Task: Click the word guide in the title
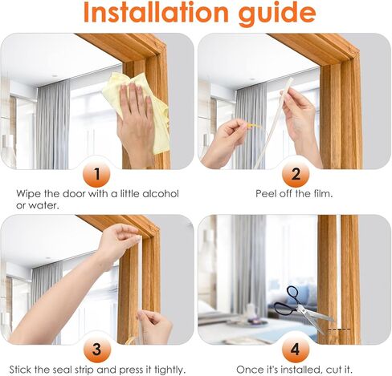[x=271, y=14]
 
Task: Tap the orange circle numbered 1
[x=97, y=173]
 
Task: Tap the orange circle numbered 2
[x=294, y=173]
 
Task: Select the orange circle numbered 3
[x=97, y=349]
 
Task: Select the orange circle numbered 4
[x=294, y=349]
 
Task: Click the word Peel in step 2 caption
[x=267, y=194]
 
